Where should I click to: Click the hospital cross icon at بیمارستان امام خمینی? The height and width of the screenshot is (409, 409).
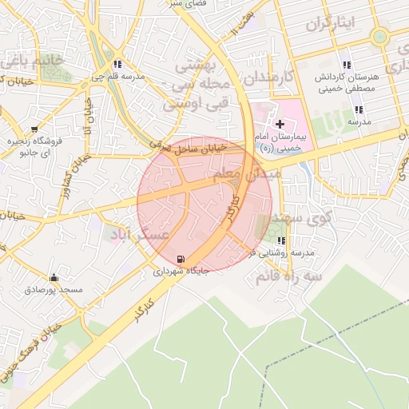pos(280,124)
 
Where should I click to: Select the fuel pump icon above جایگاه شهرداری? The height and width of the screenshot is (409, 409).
pos(181,259)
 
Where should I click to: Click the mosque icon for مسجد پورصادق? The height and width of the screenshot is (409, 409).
pos(54,278)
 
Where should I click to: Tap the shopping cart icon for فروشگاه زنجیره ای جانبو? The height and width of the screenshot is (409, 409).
pos(34,128)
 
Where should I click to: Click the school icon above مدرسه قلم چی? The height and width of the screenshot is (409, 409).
pos(117,65)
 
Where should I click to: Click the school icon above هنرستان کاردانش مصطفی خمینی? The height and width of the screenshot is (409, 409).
pos(346,65)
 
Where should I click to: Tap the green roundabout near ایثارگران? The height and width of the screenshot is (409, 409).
pos(379,36)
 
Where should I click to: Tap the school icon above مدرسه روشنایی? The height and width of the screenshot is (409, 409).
pos(280,240)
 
